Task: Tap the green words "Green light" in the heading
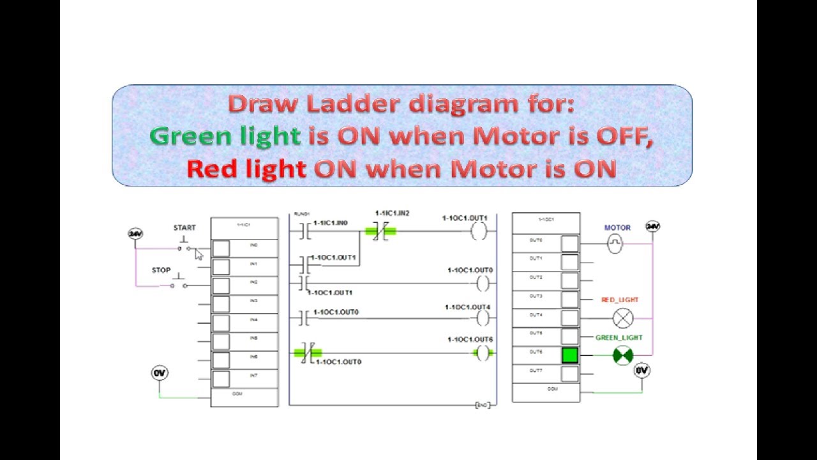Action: click(x=225, y=136)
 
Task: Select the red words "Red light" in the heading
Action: click(x=246, y=169)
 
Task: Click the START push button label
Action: click(x=184, y=227)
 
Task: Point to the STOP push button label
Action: click(x=161, y=270)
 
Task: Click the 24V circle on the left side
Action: click(x=135, y=234)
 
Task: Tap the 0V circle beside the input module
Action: click(x=159, y=372)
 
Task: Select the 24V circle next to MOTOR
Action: click(x=652, y=226)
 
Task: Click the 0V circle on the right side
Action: click(x=641, y=371)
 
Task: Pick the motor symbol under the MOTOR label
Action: click(x=614, y=243)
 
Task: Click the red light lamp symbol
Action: click(x=622, y=318)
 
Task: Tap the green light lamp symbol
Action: click(x=622, y=355)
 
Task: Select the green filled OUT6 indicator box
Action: click(x=569, y=355)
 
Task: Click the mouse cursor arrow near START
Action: click(x=199, y=254)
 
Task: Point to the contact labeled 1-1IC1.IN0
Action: click(x=304, y=232)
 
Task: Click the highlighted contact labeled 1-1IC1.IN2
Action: click(x=380, y=232)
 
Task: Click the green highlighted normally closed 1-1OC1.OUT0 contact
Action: click(x=307, y=352)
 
